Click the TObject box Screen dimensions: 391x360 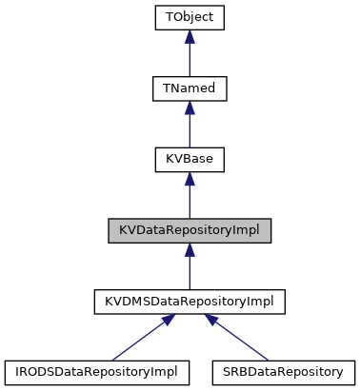click(x=190, y=17)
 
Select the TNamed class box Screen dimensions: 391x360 click(x=190, y=88)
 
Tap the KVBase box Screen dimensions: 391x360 click(x=190, y=160)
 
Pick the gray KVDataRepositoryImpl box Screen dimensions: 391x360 click(x=190, y=231)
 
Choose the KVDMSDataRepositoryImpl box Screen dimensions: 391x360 click(x=190, y=303)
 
